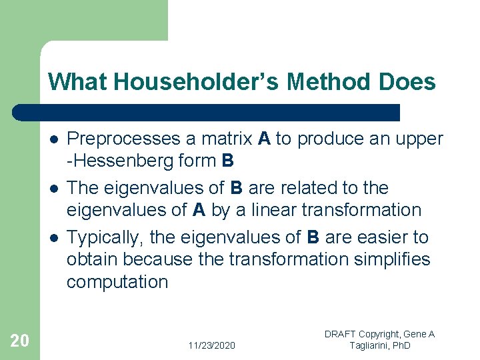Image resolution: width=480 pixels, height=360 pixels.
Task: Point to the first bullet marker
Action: tap(53, 139)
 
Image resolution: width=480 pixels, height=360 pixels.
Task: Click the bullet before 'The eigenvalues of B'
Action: tap(53, 188)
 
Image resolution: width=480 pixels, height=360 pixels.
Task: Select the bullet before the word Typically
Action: tap(53, 237)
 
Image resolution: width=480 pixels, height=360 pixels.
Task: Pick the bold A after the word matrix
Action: tap(264, 139)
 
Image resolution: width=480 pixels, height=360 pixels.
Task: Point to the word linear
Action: tap(271, 210)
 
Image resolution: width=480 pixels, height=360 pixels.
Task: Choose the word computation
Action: tap(117, 281)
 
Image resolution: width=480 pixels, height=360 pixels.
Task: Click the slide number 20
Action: tap(20, 341)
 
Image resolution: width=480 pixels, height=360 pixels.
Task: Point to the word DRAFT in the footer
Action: tap(340, 334)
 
